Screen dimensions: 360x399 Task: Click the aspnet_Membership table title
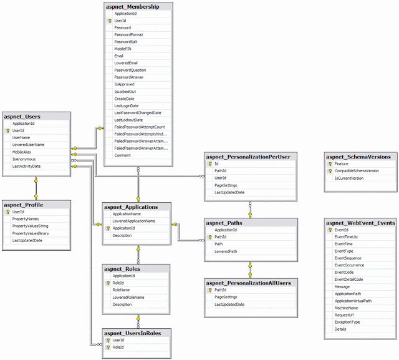[133, 6]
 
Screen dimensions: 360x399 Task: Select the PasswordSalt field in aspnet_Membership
[127, 42]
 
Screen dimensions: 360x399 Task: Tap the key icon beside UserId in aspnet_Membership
[109, 21]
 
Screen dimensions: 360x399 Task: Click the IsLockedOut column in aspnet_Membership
[125, 91]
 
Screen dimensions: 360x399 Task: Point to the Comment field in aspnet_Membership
[122, 155]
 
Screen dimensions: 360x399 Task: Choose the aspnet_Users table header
[22, 116]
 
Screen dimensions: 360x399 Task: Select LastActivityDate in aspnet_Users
[27, 166]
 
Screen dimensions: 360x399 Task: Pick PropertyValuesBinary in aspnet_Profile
[31, 233]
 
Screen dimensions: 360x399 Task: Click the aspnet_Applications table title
[131, 207]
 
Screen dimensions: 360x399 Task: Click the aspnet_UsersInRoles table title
[132, 333]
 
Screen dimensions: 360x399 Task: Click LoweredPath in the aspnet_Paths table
[226, 251]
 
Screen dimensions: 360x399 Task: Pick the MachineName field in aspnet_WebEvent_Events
[347, 308]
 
